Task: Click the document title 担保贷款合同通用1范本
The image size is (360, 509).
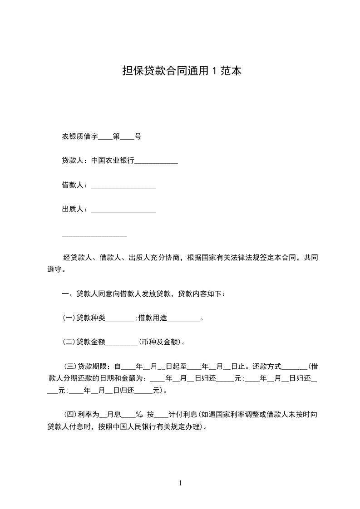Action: click(181, 71)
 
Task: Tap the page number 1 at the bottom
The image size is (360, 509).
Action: click(180, 483)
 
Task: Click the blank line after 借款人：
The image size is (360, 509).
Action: click(123, 186)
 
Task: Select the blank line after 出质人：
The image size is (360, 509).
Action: click(123, 210)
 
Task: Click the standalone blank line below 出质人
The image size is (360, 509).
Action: click(94, 235)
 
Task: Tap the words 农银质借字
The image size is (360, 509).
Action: click(80, 136)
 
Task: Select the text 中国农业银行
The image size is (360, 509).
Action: click(113, 161)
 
